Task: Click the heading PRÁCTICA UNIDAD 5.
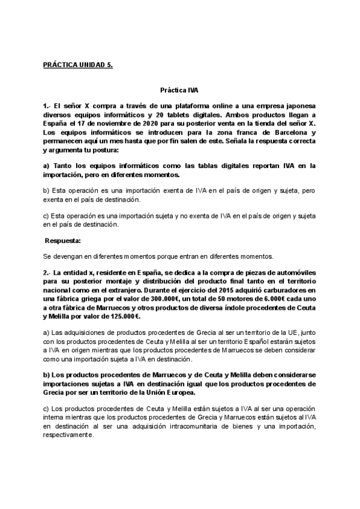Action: coord(78,64)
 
